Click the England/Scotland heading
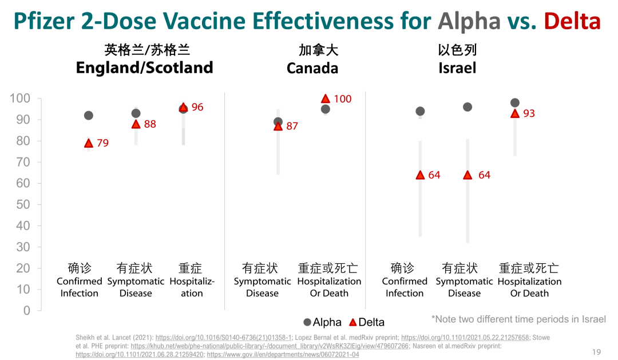(144, 68)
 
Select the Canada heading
(312, 68)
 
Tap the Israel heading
(457, 68)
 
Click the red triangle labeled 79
(89, 143)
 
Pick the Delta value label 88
(150, 124)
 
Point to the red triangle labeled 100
(326, 98)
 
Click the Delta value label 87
(292, 126)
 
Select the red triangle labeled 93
(514, 113)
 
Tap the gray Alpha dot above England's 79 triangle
(89, 116)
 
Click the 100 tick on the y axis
(20, 98)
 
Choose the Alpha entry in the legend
(322, 322)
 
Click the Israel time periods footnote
(518, 319)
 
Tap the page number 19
(596, 351)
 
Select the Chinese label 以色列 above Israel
(457, 50)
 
